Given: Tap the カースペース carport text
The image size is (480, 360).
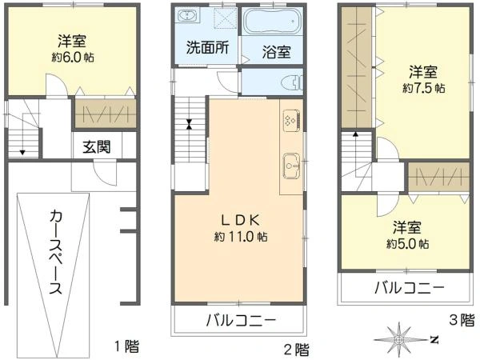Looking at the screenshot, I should click(x=56, y=253).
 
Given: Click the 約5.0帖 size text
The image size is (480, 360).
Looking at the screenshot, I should click(x=407, y=243).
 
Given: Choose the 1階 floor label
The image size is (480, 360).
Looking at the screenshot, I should click(x=126, y=346).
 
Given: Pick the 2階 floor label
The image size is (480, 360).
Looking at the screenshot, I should click(x=296, y=349).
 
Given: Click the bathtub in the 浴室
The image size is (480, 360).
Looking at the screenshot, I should click(x=274, y=22).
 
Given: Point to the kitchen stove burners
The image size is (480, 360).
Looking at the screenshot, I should click(x=290, y=120).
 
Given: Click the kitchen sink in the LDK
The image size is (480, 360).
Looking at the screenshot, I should click(x=290, y=166).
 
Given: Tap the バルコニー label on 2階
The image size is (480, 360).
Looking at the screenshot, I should click(x=240, y=321).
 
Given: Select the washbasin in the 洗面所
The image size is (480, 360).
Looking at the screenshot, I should click(x=186, y=17).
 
